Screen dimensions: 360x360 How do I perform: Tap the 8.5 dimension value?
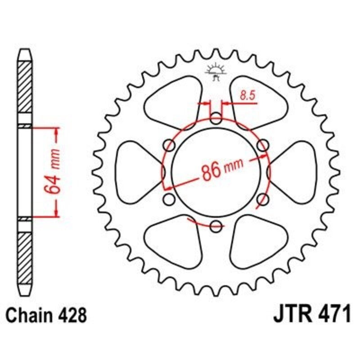(x=246, y=95)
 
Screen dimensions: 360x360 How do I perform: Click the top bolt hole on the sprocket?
(x=216, y=120)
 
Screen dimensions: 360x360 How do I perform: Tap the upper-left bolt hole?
(x=170, y=145)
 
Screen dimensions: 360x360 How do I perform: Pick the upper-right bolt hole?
(x=263, y=145)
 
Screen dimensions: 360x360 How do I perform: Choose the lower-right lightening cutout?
(x=256, y=241)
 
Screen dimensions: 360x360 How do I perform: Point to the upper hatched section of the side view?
(x=25, y=90)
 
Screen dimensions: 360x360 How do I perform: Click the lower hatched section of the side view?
(x=25, y=252)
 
